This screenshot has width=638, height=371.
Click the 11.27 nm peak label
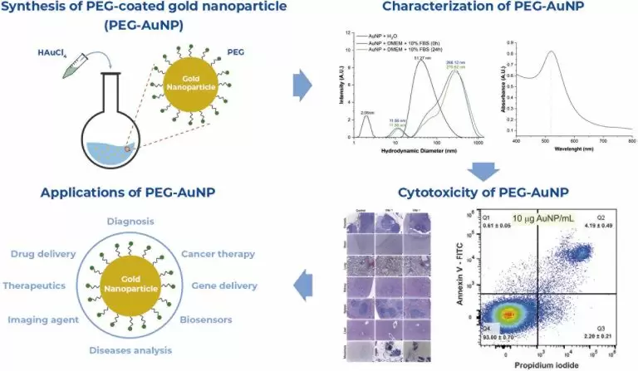423,57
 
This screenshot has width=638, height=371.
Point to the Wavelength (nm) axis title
576,149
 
